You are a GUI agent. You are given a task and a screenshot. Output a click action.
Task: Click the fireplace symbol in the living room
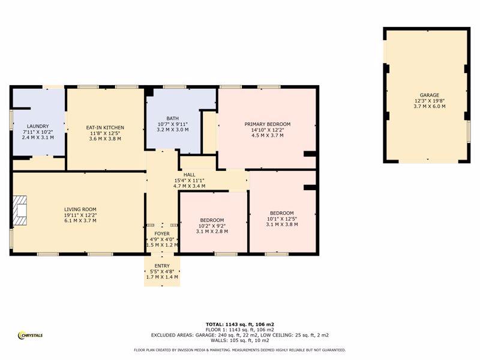(x=20, y=211)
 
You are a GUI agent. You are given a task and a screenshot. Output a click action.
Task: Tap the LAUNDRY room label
(x=38, y=126)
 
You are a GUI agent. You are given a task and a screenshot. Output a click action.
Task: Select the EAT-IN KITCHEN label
(x=105, y=127)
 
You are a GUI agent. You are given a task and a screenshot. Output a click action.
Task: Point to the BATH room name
(x=173, y=118)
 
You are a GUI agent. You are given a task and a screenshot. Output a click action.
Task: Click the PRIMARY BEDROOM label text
(x=267, y=124)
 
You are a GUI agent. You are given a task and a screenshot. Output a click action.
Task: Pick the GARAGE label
(x=430, y=95)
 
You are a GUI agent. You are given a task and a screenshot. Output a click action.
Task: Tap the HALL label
(x=189, y=175)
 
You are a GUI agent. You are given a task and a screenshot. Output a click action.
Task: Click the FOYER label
(x=162, y=233)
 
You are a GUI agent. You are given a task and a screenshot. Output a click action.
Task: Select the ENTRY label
(x=162, y=266)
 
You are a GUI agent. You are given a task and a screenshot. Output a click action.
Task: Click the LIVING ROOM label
(x=80, y=209)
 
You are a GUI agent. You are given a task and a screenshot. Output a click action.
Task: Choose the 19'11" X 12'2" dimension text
(x=80, y=215)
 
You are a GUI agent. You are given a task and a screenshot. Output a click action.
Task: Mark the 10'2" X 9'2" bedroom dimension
(x=212, y=226)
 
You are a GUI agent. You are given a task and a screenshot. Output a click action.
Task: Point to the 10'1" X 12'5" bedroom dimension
(x=281, y=218)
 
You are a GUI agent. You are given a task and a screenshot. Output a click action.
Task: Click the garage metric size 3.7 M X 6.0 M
(x=430, y=106)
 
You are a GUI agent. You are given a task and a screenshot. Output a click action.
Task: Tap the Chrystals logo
(x=31, y=335)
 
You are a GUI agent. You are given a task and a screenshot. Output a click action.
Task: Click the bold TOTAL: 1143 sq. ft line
(x=239, y=324)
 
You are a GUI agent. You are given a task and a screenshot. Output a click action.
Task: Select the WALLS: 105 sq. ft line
(x=239, y=340)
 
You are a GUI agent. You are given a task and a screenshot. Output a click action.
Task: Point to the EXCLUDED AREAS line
(x=239, y=335)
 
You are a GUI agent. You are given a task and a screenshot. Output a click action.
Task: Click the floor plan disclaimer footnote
(x=239, y=350)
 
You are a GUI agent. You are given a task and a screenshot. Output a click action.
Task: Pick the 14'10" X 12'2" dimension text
(x=267, y=130)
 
